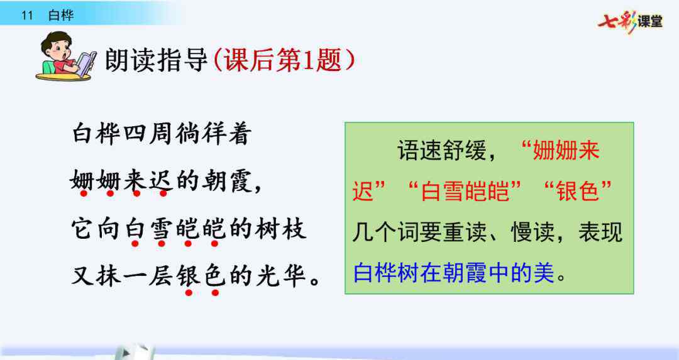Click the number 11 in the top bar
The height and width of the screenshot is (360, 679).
[27, 16]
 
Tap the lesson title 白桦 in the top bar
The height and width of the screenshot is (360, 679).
[61, 16]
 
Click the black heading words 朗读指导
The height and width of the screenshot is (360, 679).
[157, 60]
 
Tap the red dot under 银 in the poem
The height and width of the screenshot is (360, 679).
[189, 293]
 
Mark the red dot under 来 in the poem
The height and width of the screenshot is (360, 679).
[136, 194]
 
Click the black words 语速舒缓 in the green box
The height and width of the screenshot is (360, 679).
[441, 150]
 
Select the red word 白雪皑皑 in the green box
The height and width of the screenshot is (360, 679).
[465, 191]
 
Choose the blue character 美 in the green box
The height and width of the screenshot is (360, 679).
[544, 273]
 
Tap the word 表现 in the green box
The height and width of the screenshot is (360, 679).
[600, 232]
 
